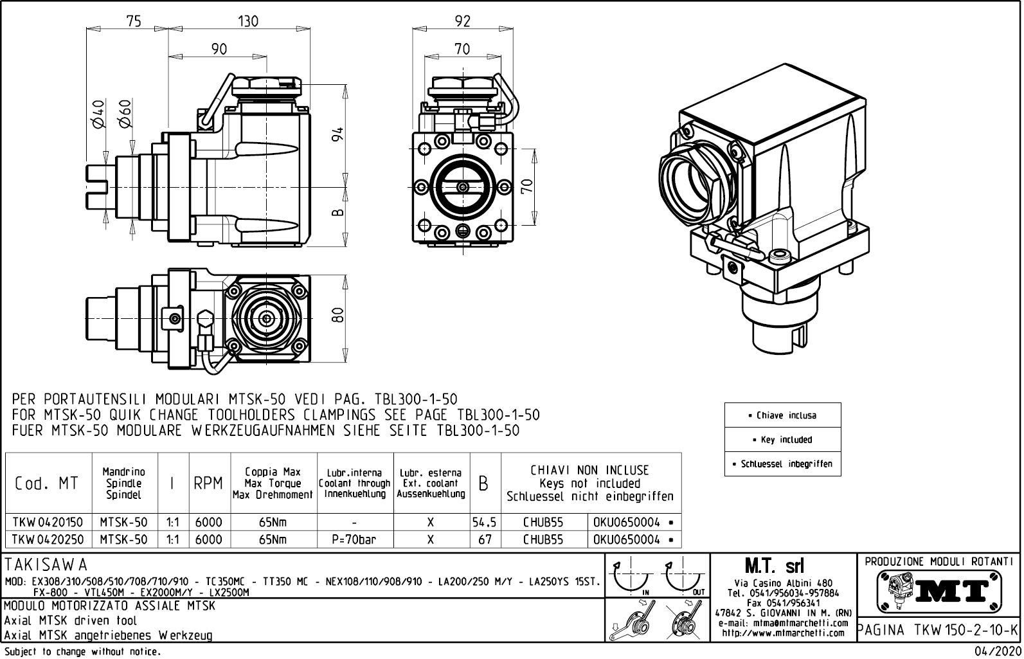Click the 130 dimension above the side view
click(248, 21)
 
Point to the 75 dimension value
click(133, 21)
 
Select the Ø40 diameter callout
click(98, 114)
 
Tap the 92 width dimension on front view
click(462, 21)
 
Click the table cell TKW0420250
click(48, 539)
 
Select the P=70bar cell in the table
click(354, 539)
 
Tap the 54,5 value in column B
click(485, 523)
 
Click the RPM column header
click(208, 483)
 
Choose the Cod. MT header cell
click(46, 483)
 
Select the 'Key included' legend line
click(782, 440)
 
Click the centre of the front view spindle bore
click(463, 187)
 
